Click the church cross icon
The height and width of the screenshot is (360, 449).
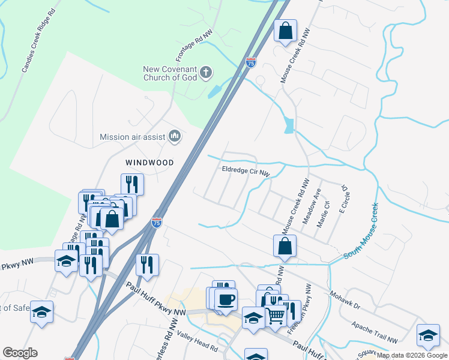pos(205,73)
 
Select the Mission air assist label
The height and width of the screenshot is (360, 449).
pos(132,137)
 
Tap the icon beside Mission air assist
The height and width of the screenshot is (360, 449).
pos(175,137)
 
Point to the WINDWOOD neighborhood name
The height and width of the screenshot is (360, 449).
pos(149,163)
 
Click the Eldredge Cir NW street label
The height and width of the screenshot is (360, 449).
pos(246,172)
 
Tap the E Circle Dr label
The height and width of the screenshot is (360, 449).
pos(345,199)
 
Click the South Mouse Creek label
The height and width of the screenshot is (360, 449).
pos(361,230)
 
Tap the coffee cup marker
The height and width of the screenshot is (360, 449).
pos(226,300)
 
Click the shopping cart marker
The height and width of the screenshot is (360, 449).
pos(276,314)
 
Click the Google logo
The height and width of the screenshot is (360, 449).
pos(20,353)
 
